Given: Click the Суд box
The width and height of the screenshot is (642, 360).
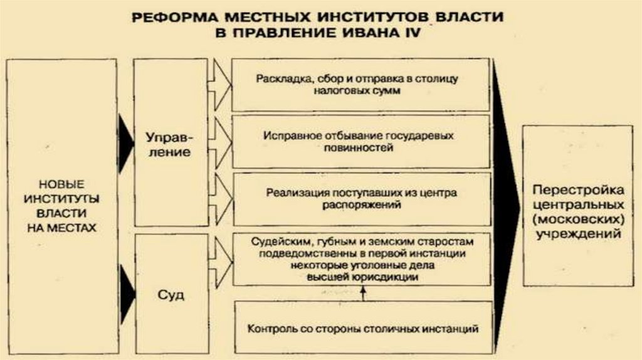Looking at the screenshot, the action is click(x=171, y=294).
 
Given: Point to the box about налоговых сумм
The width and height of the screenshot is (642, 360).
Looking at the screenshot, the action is click(x=360, y=85).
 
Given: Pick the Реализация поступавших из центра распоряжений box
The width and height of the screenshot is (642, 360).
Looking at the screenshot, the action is click(x=360, y=198).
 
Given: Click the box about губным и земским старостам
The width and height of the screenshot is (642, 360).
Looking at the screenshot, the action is click(x=360, y=259).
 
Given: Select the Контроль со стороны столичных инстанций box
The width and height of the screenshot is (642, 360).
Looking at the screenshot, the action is click(x=363, y=328).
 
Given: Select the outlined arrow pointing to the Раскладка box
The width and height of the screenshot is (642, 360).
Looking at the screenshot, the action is click(x=220, y=81).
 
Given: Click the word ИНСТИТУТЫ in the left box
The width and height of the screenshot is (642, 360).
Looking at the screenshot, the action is click(x=61, y=198).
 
